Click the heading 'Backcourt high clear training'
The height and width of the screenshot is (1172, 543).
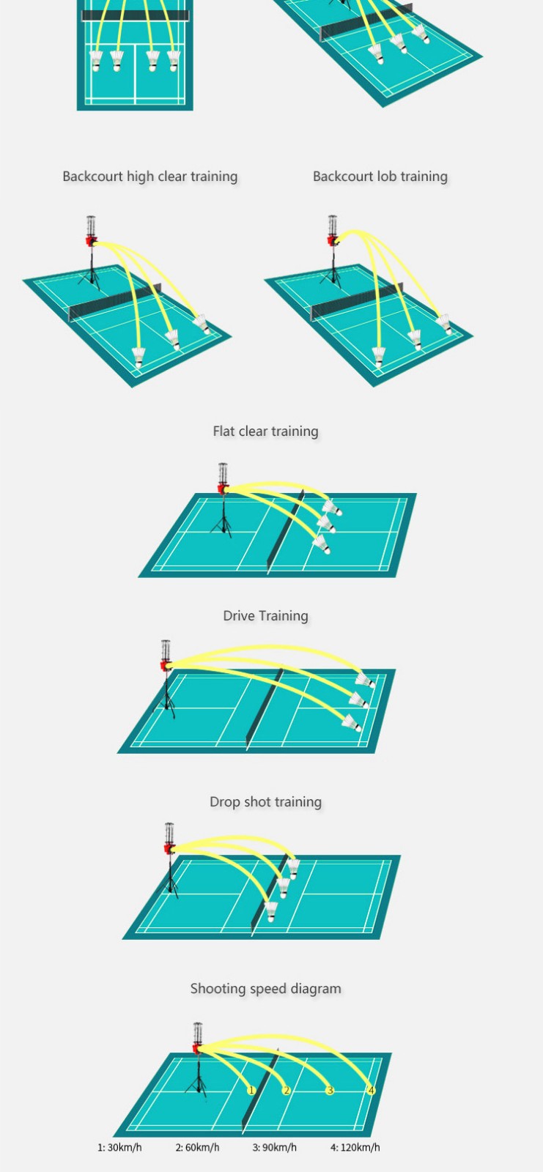click(150, 177)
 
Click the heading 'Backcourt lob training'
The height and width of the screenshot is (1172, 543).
click(380, 177)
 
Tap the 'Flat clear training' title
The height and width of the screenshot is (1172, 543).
click(265, 431)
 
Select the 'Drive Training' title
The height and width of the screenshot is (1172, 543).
click(265, 616)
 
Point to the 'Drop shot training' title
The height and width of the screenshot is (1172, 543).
click(265, 801)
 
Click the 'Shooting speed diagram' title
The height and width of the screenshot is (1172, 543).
click(265, 988)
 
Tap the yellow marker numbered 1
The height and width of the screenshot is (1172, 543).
click(251, 1091)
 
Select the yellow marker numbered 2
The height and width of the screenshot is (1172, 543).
click(287, 1091)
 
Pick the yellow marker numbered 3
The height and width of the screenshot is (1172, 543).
click(330, 1091)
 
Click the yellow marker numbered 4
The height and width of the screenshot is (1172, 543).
click(372, 1091)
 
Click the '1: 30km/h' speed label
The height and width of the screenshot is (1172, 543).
click(119, 1147)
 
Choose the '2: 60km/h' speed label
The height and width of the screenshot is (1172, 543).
click(197, 1147)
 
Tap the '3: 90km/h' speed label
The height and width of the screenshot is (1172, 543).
click(274, 1147)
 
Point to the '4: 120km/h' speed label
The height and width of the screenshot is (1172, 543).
click(355, 1147)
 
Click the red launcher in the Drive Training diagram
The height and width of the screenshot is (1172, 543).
click(166, 666)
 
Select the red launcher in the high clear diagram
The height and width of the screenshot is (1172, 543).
click(91, 241)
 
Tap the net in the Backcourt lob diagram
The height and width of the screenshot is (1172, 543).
click(357, 301)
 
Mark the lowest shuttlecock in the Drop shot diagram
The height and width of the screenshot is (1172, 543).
click(270, 911)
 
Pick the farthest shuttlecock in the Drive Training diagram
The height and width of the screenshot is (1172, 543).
click(365, 680)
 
